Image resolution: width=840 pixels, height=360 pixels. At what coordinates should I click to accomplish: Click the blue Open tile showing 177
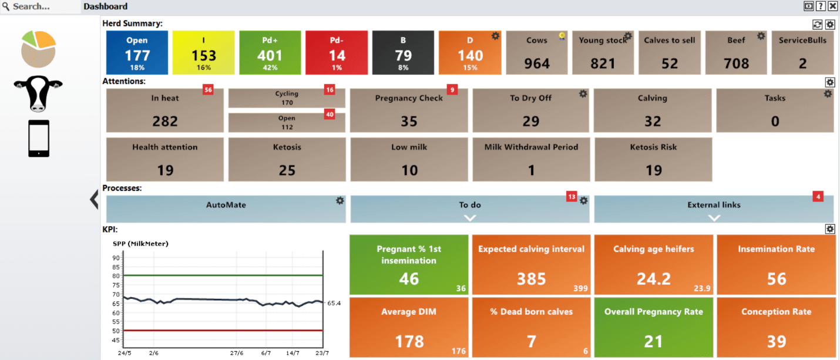pyautogui.click(x=137, y=52)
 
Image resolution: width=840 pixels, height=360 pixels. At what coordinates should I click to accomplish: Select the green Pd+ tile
pyautogui.click(x=270, y=52)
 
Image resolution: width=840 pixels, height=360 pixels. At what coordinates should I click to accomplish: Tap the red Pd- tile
pyautogui.click(x=337, y=52)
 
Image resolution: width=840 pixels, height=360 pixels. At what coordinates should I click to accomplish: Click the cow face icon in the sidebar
pyautogui.click(x=38, y=94)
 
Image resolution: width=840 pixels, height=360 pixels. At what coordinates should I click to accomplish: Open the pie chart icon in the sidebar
pyautogui.click(x=38, y=49)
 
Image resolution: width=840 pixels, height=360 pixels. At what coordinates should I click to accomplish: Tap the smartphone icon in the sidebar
pyautogui.click(x=39, y=139)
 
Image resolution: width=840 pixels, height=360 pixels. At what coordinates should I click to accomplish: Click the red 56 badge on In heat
pyautogui.click(x=208, y=89)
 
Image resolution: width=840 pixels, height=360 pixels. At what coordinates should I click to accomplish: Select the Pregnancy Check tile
pyautogui.click(x=409, y=110)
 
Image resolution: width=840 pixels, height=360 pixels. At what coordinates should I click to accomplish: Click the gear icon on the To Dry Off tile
pyautogui.click(x=583, y=93)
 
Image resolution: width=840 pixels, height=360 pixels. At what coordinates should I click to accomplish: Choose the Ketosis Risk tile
pyautogui.click(x=653, y=159)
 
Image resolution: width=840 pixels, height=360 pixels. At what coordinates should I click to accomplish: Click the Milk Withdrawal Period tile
pyautogui.click(x=531, y=159)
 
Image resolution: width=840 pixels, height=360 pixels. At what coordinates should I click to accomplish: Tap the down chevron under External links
pyautogui.click(x=714, y=217)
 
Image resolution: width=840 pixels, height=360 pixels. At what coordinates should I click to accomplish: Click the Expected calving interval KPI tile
pyautogui.click(x=531, y=264)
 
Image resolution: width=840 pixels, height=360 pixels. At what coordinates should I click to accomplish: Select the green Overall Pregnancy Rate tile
pyautogui.click(x=653, y=328)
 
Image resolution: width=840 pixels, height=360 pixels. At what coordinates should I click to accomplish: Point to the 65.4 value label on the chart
pyautogui.click(x=334, y=303)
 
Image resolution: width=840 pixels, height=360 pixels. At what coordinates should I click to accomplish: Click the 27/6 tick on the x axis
pyautogui.click(x=237, y=354)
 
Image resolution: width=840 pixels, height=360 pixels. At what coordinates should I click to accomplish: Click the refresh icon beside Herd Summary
pyautogui.click(x=817, y=24)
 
